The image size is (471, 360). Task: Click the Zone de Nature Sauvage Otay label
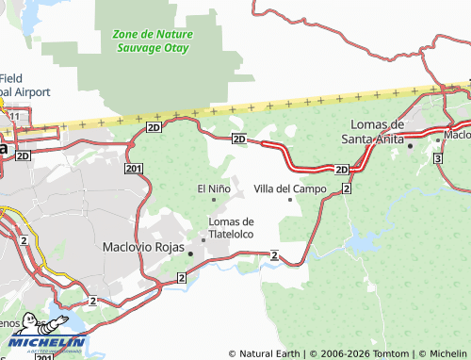point(152,40)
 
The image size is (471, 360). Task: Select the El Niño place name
point(214,188)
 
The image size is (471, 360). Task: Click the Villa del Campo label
point(290,188)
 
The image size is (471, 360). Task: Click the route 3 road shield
point(439,159)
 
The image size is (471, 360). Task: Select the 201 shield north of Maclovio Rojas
point(133,168)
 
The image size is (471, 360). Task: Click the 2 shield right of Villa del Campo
point(347,189)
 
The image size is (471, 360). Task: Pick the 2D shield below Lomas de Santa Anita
point(341,169)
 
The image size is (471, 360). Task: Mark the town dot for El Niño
point(214,200)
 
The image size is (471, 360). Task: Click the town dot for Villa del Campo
point(289,200)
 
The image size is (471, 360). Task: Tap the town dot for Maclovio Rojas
point(190,254)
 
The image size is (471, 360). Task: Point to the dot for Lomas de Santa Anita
point(410,146)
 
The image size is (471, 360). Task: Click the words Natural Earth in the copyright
point(269,353)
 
